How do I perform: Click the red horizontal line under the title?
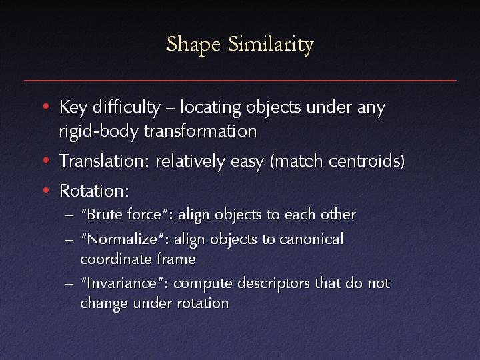coord(240,81)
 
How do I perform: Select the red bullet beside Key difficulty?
coord(46,107)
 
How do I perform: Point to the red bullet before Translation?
coord(46,160)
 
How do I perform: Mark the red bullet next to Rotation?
coord(46,190)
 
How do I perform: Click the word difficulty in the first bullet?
coord(127,108)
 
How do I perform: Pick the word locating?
coord(210,108)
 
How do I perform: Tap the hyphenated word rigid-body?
coord(99,132)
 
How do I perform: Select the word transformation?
coord(201,131)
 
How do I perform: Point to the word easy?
coord(247,162)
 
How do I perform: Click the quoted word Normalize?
coord(123,239)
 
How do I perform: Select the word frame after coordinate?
coord(176,259)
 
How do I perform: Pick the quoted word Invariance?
coord(122,283)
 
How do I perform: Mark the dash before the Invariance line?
coord(69,284)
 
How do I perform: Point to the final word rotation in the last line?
coord(203,303)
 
